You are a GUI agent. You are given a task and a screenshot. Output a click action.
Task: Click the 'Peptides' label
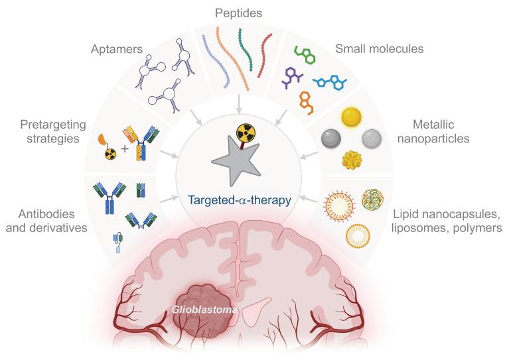(x=238, y=13)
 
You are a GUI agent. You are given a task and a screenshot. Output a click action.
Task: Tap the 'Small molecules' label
(x=379, y=48)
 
